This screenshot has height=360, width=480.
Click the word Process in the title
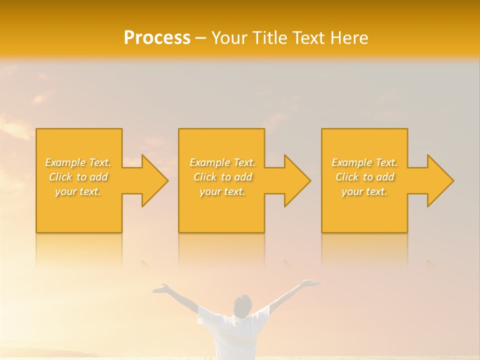pos(157,38)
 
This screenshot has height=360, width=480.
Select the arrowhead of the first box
pos(152,180)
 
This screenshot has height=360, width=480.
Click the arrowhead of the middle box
pos(295,180)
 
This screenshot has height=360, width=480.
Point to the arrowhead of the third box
pos(438,180)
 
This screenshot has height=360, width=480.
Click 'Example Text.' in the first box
pos(78,162)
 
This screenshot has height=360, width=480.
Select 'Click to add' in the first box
pos(78,177)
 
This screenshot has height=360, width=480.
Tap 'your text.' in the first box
pos(78,191)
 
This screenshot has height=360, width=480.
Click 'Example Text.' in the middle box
pos(222,162)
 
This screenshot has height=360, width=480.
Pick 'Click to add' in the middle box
pos(222,177)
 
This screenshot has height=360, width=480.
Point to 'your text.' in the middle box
pos(222,191)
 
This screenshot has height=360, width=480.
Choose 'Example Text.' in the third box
pos(364,162)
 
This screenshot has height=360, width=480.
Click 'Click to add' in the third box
pos(364,177)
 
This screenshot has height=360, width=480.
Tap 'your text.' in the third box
pos(364,191)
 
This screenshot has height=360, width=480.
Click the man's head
pos(242,305)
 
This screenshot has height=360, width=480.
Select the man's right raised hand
pos(311,283)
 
